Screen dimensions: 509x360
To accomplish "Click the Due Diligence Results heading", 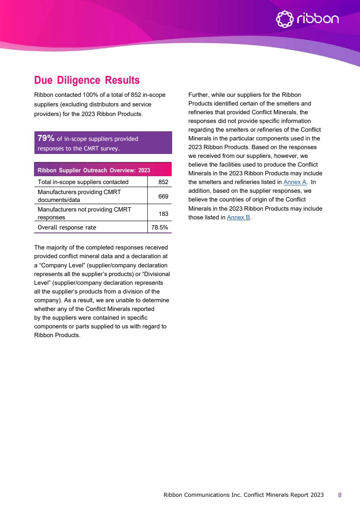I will tap(87, 81).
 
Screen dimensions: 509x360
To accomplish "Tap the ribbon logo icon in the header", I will tap(285, 19).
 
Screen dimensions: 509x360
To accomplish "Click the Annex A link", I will tap(295, 182).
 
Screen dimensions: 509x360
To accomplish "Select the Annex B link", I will tap(238, 217).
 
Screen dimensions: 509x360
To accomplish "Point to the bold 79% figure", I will tap(46, 138).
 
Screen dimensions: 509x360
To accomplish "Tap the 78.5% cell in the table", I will tap(160, 227).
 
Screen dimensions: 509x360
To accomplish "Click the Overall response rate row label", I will tap(67, 227).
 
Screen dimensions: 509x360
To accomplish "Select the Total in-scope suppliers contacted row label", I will tap(83, 182).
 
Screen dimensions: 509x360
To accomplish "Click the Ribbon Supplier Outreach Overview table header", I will tap(94, 170).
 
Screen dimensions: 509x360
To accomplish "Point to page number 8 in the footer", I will tap(340, 495).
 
